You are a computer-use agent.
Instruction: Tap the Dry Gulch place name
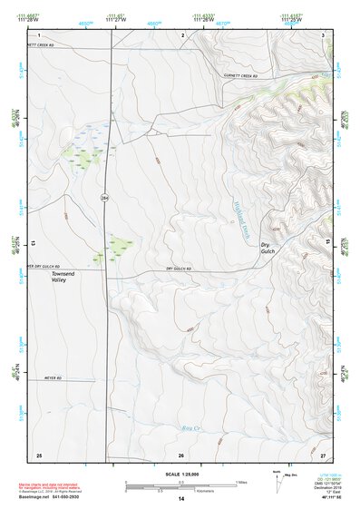267,249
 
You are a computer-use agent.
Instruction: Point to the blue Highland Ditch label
244,218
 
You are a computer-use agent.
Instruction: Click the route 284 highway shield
105,196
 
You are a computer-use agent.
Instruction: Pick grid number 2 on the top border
182,34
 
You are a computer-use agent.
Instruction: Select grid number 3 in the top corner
323,34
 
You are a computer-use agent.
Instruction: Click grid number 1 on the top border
40,34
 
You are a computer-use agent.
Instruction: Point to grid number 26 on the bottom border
181,455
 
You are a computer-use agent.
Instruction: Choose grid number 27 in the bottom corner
323,455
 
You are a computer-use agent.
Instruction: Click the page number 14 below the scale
181,499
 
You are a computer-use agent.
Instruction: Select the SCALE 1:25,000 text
180,475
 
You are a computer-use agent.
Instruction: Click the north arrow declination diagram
277,480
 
